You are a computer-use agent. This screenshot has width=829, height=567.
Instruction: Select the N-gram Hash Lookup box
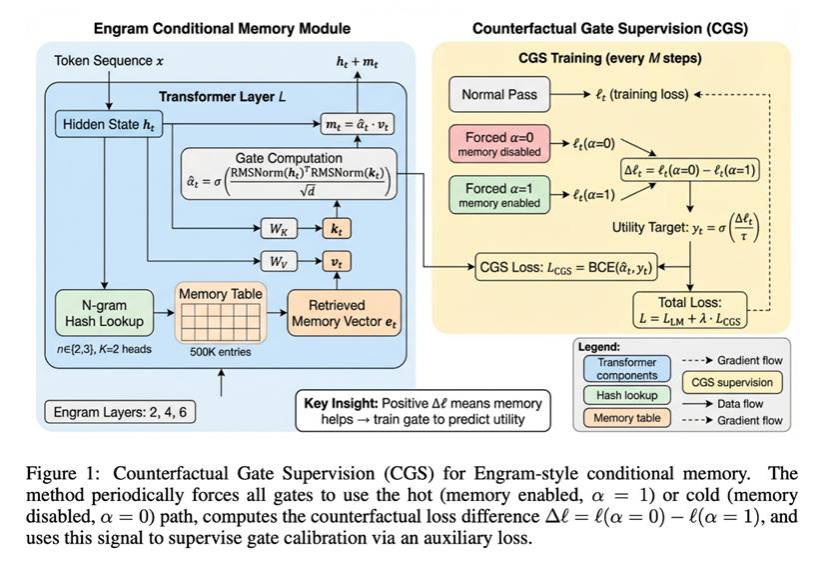pyautogui.click(x=102, y=313)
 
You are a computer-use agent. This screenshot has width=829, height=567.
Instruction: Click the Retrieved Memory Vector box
pyautogui.click(x=343, y=313)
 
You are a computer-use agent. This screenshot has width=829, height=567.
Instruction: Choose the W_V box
pyautogui.click(x=279, y=262)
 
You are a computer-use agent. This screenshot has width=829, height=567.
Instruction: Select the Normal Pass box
pyautogui.click(x=498, y=95)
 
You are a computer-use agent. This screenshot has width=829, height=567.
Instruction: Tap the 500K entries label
pyautogui.click(x=221, y=352)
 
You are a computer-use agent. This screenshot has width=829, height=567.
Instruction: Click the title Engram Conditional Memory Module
pyautogui.click(x=221, y=29)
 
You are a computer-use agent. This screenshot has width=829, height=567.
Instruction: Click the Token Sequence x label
pyautogui.click(x=109, y=61)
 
